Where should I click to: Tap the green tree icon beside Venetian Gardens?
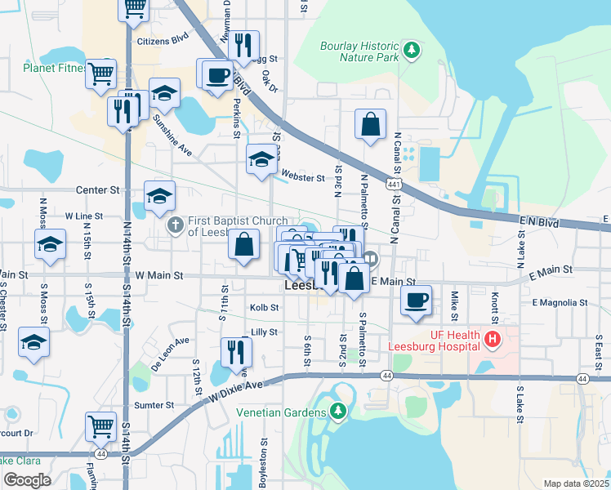(x=335, y=411)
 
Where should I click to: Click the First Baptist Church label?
(x=237, y=226)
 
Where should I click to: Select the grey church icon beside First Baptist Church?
(x=174, y=225)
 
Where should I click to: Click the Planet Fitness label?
(x=54, y=68)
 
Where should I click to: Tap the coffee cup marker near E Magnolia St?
(x=416, y=300)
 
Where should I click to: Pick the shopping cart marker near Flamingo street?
(x=100, y=425)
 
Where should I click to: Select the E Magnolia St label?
(x=560, y=302)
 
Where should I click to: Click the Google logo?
(x=26, y=480)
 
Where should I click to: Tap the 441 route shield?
(x=395, y=185)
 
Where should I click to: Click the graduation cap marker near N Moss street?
(x=50, y=243)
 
